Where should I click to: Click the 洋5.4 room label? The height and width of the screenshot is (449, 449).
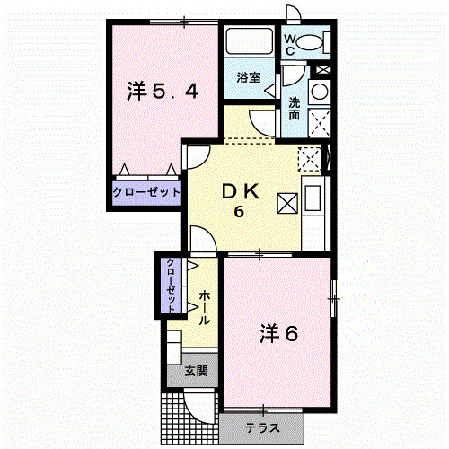pyautogui.click(x=163, y=91)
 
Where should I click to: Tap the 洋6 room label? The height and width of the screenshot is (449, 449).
pyautogui.click(x=278, y=334)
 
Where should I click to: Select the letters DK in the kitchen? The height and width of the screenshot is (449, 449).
pyautogui.click(x=241, y=191)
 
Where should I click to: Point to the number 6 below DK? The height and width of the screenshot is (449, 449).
pyautogui.click(x=239, y=212)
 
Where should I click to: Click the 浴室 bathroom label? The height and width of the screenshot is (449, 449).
pyautogui.click(x=249, y=77)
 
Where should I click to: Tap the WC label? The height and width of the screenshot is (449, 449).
pyautogui.click(x=289, y=45)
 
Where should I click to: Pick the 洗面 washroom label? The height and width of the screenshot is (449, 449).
pyautogui.click(x=295, y=109)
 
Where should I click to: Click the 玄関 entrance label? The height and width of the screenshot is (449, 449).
pyautogui.click(x=196, y=371)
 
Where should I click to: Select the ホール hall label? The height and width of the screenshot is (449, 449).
pyautogui.click(x=205, y=307)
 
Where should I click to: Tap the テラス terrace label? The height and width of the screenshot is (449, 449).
pyautogui.click(x=262, y=428)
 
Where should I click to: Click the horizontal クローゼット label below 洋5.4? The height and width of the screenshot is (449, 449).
pyautogui.click(x=146, y=192)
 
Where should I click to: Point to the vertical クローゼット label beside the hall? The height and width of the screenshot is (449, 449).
pyautogui.click(x=171, y=286)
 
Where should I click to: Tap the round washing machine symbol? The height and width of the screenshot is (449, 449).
pyautogui.click(x=320, y=92)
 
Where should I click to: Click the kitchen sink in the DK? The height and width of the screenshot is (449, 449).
pyautogui.click(x=313, y=198)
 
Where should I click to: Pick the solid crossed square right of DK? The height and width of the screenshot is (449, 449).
pyautogui.click(x=287, y=203)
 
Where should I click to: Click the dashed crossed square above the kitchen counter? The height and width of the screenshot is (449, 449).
pyautogui.click(x=309, y=159)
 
